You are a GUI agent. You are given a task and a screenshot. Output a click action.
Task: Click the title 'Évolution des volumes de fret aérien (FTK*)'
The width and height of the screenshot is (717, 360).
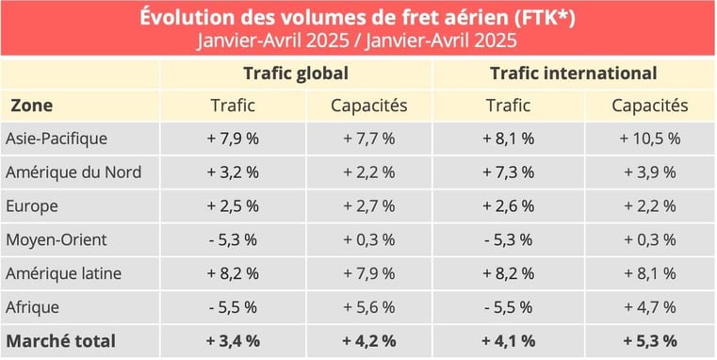[358, 17]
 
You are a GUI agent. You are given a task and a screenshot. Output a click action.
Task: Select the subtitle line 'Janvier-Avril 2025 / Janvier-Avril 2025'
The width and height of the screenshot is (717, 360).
[358, 41]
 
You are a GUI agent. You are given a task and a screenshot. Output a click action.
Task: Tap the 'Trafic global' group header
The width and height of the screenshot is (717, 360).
[296, 74]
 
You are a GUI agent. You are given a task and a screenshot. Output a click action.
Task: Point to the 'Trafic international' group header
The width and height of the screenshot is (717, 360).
[574, 74]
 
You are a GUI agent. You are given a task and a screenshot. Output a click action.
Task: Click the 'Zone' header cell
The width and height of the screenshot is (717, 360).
[31, 106]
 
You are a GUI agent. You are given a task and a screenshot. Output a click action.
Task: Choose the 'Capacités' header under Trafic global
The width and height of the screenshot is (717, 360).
[368, 106]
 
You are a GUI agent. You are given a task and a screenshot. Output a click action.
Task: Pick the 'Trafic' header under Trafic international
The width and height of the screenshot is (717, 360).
[509, 106]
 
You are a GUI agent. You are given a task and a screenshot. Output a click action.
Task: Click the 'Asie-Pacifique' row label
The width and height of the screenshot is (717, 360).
[57, 139]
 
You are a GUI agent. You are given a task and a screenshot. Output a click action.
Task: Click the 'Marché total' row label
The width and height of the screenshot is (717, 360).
[60, 340]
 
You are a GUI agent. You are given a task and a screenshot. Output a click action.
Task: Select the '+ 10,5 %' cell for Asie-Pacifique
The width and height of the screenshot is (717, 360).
[649, 139]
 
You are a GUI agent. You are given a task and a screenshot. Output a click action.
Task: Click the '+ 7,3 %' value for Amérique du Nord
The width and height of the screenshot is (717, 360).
[509, 172]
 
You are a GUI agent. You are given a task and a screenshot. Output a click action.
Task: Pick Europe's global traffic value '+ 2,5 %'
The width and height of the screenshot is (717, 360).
[231, 205]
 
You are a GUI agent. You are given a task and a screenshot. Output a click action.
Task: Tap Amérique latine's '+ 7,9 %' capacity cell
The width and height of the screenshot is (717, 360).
[368, 273]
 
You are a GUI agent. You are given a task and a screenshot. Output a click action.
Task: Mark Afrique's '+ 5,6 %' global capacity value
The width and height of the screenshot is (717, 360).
[368, 306]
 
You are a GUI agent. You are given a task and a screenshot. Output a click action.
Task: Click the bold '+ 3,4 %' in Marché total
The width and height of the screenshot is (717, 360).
[231, 340]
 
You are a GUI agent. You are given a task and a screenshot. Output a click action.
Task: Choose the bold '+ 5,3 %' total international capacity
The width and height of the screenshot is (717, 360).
[649, 340]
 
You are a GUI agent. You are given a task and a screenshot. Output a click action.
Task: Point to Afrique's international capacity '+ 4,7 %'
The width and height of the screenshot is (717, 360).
[649, 306]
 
